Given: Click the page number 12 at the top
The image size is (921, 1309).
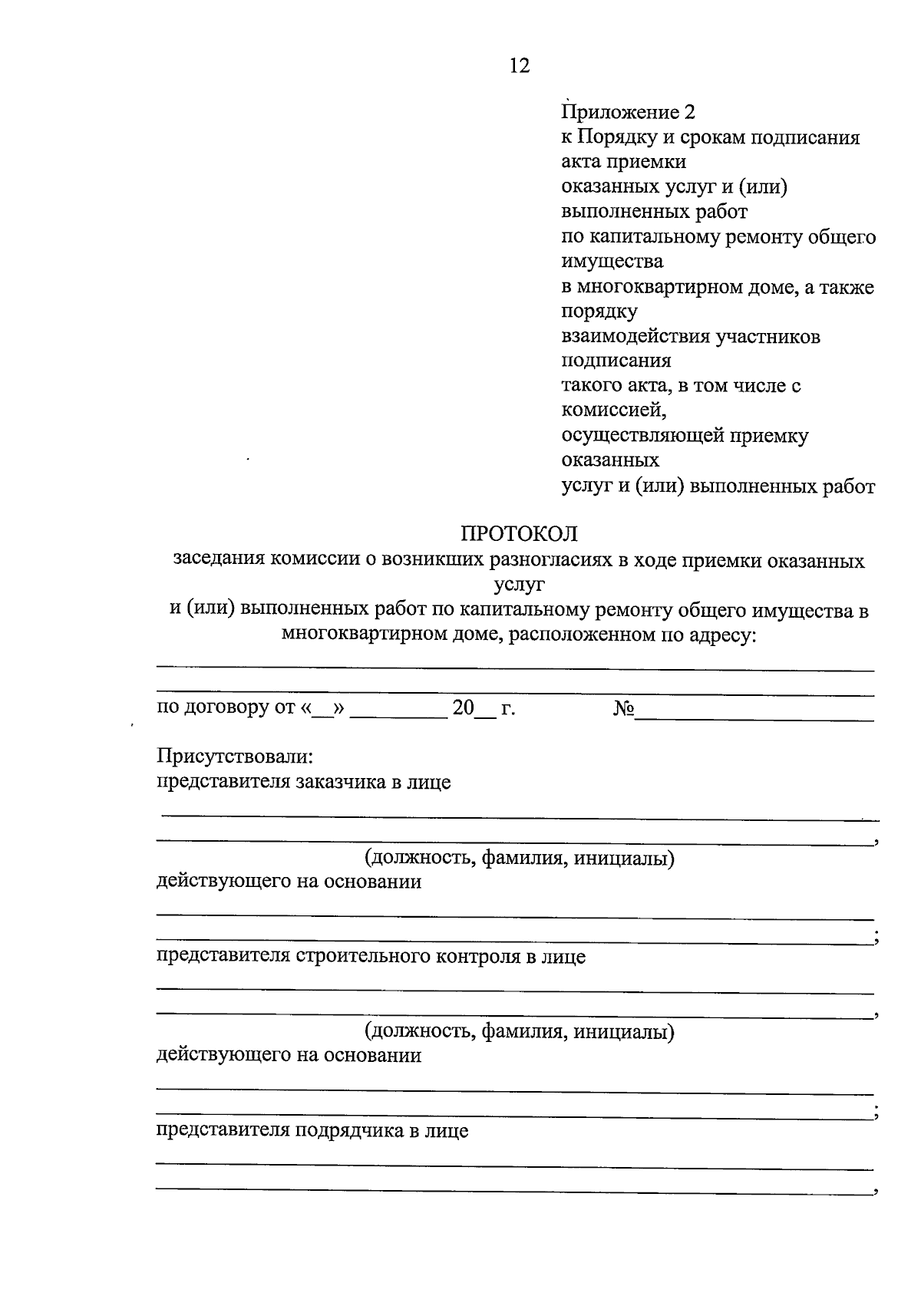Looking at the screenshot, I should click(520, 66).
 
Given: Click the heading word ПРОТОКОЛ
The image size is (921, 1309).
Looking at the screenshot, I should click(519, 533).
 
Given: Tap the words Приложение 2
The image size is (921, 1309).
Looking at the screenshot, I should click(629, 113).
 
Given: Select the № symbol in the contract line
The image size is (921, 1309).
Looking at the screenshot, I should click(623, 707).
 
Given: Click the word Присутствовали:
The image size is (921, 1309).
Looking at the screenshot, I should click(235, 757).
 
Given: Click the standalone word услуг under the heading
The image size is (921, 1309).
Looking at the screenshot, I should click(520, 585).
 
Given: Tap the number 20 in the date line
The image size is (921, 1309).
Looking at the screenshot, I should click(464, 707).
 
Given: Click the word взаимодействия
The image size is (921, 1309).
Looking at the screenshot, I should click(635, 337).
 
